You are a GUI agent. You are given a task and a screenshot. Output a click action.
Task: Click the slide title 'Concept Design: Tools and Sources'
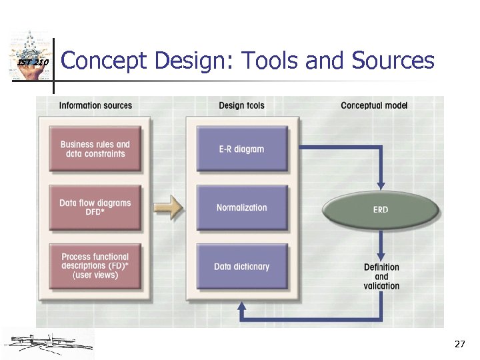tap(247, 61)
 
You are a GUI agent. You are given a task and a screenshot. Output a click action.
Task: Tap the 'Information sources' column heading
tap(95, 105)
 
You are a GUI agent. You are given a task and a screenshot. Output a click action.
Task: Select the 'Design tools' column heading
tap(241, 105)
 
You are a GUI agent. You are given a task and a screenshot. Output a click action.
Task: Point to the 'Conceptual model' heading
tap(374, 105)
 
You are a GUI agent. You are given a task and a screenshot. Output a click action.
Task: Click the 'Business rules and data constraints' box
tap(95, 149)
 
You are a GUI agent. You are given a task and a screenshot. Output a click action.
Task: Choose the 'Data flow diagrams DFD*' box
tap(95, 207)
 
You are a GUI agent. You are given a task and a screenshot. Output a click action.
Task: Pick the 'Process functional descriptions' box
tap(95, 265)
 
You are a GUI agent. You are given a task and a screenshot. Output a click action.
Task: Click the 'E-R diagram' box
tap(241, 149)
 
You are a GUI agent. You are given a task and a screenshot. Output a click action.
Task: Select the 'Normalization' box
tap(241, 207)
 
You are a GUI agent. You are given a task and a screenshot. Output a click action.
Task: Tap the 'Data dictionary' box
tap(241, 266)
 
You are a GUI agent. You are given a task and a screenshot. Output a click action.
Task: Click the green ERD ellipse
tap(381, 210)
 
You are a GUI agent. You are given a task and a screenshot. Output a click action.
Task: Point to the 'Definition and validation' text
tap(381, 277)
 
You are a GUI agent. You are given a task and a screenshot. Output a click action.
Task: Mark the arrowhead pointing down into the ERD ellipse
tap(381, 185)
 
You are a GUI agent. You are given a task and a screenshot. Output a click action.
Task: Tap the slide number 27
tap(459, 344)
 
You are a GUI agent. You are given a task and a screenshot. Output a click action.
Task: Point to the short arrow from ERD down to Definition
tap(381, 247)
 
